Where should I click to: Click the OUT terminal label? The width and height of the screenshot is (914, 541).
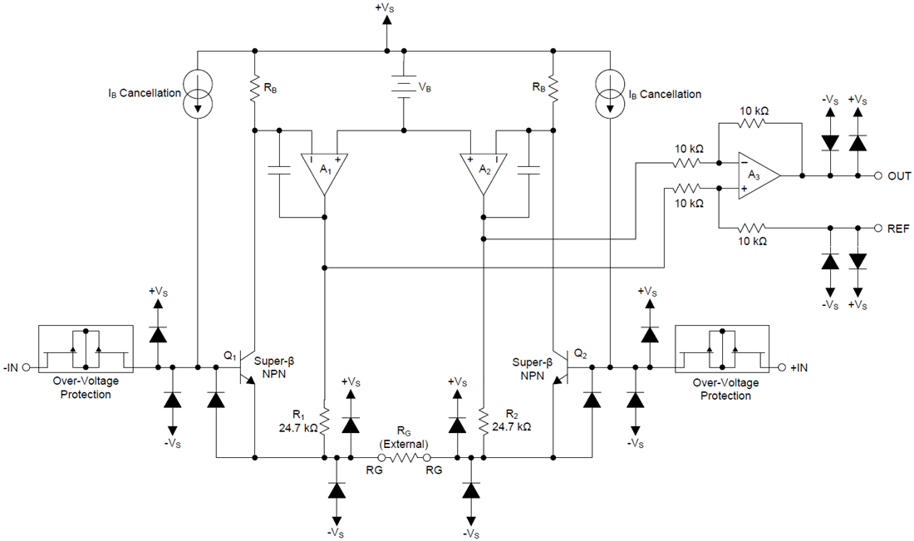(899, 176)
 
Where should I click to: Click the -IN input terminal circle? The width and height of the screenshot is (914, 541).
(27, 366)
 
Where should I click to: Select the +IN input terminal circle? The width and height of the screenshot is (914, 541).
(781, 366)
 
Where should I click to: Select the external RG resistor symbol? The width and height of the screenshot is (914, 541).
(404, 457)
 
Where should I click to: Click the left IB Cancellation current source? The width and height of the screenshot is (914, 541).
(199, 94)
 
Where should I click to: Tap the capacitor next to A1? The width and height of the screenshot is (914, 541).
(279, 170)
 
